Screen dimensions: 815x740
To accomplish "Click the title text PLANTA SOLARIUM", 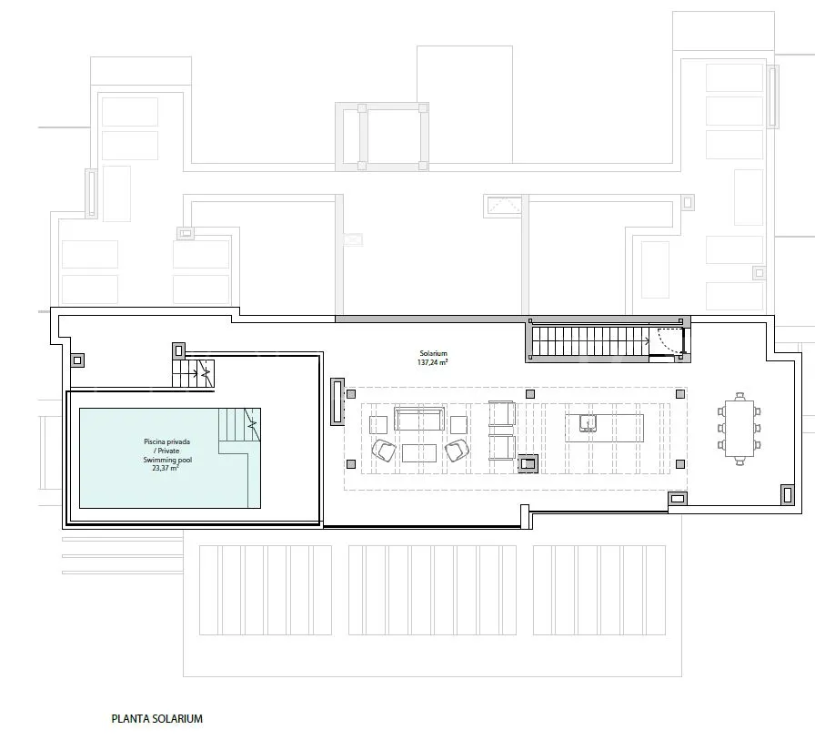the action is [x=157, y=719].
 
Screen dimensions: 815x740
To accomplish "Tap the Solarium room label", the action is [x=433, y=354].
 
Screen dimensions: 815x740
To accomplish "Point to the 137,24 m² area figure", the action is [x=432, y=362].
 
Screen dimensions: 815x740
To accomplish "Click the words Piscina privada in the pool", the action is [x=166, y=441].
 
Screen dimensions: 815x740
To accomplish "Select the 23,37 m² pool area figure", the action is [x=165, y=468].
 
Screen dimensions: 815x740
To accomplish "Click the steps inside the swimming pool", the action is [x=239, y=431].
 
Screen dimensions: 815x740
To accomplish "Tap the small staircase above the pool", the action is [x=193, y=373].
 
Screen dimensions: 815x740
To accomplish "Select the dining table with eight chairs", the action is [x=740, y=429].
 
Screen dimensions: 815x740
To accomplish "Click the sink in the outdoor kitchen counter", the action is [x=588, y=423].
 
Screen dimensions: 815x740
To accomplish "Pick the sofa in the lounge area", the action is [x=419, y=419].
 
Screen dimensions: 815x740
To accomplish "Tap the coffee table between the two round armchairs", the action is [x=419, y=453].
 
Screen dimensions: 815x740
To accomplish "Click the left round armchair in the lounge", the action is [x=384, y=451].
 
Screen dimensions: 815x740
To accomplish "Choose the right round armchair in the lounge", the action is [x=457, y=451].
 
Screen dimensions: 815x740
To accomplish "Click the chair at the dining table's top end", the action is [x=740, y=396].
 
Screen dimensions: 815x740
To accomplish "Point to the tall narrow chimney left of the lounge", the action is [x=337, y=401].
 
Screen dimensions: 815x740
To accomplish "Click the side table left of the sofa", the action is [x=378, y=425].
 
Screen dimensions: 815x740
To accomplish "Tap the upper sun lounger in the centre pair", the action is [x=502, y=414].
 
